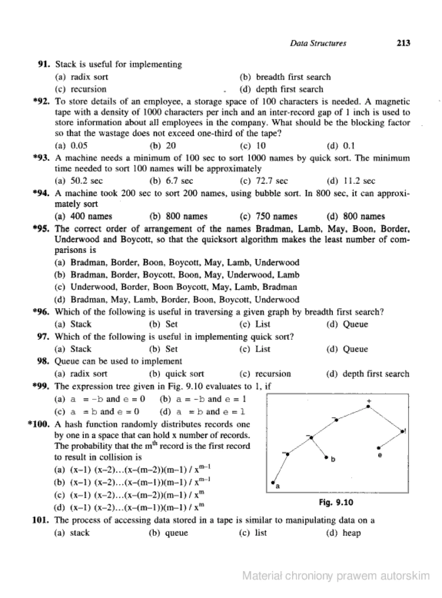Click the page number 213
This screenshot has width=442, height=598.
403,43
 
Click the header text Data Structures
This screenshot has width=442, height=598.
318,43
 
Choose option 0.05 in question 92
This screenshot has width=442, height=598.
79,146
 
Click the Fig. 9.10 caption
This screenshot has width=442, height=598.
336,502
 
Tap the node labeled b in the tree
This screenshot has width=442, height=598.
326,458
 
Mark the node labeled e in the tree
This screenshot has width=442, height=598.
379,448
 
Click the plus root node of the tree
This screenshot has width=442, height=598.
368,406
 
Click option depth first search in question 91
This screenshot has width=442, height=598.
289,89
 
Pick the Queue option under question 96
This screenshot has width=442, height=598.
355,324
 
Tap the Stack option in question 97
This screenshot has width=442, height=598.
81,349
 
